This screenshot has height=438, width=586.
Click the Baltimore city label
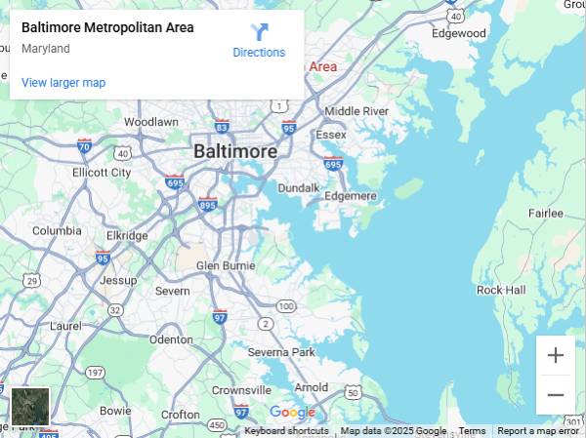point(235,152)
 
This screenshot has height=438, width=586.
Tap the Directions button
point(259,41)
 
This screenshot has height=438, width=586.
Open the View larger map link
point(63,83)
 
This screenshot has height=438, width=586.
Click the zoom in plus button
point(556,355)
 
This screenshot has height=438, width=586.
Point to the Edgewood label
point(459,33)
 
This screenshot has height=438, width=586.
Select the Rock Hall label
point(501,290)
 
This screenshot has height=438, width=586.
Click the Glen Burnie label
point(226,265)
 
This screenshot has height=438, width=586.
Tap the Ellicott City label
point(102,173)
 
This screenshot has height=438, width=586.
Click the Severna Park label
point(281,351)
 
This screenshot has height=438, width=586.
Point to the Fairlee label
point(546,213)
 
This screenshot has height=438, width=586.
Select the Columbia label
point(57,231)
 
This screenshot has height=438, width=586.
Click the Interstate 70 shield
point(85,145)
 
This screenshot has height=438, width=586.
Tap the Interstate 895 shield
point(207,204)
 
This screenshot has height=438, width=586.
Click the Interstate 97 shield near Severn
point(220,316)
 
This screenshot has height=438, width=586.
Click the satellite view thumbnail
point(30,406)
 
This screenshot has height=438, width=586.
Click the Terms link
point(472,431)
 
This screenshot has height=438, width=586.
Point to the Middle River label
point(356,111)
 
